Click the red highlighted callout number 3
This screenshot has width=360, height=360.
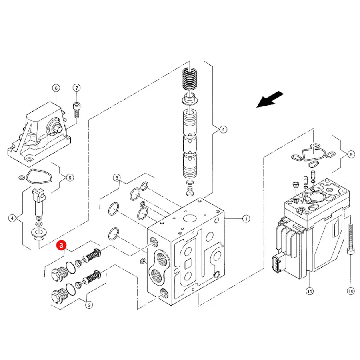pyautogui.click(x=61, y=246)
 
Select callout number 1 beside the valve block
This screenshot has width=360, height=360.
pyautogui.click(x=246, y=219)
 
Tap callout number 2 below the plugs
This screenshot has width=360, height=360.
pyautogui.click(x=89, y=305)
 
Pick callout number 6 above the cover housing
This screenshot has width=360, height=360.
pyautogui.click(x=56, y=88)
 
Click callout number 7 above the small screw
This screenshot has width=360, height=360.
pyautogui.click(x=77, y=88)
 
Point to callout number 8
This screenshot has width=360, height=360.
pyautogui.click(x=117, y=178)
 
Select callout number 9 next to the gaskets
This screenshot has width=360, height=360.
pyautogui.click(x=351, y=154)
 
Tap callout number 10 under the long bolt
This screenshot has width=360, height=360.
pyautogui.click(x=350, y=291)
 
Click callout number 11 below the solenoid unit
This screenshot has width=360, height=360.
pyautogui.click(x=310, y=291)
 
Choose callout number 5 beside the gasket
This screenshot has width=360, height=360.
pyautogui.click(x=70, y=178)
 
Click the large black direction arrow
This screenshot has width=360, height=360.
pyautogui.click(x=270, y=99)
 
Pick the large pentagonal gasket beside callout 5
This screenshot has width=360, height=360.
pyautogui.click(x=39, y=176)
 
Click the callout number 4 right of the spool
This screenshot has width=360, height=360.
pyautogui.click(x=223, y=130)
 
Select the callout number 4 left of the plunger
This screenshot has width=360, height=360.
pyautogui.click(x=12, y=218)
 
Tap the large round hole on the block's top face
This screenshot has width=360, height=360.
pyautogui.click(x=190, y=218)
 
